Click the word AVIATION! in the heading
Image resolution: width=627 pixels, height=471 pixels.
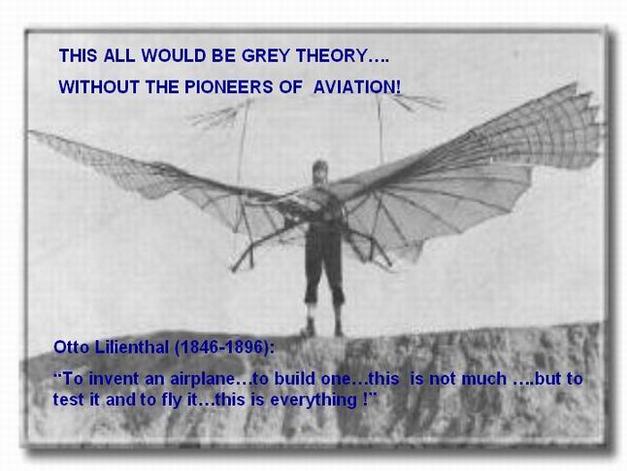tap(356, 86)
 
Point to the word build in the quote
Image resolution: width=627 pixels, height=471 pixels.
tap(293, 379)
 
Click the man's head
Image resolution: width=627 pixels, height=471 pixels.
tap(320, 171)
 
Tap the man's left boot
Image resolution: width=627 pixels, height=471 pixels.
tap(339, 327)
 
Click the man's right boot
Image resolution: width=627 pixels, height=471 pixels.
tap(308, 327)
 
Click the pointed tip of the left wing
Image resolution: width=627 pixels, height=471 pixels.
tap(30, 132)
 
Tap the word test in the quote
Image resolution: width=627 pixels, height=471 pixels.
tap(65, 400)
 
